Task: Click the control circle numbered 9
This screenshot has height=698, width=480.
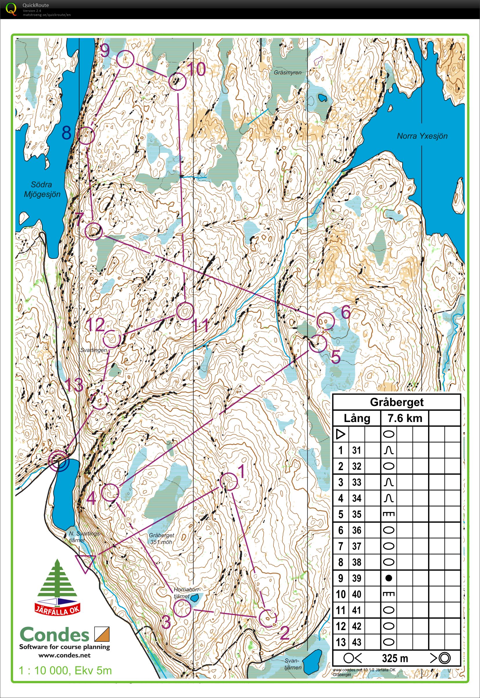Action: pos(125,59)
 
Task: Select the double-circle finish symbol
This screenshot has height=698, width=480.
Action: pos(59,461)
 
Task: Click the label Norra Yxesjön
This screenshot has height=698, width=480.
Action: pos(422,136)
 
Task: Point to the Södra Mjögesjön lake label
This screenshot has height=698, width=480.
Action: pos(42,189)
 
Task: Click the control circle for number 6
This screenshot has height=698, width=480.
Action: pos(325,322)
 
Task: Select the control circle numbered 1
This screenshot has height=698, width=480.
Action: pos(229,481)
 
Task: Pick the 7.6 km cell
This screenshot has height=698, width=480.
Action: pos(405,418)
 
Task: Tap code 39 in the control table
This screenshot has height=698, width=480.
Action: pos(356,578)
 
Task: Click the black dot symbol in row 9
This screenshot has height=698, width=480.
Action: pos(389,578)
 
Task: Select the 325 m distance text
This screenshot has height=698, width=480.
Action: pos(395,658)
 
